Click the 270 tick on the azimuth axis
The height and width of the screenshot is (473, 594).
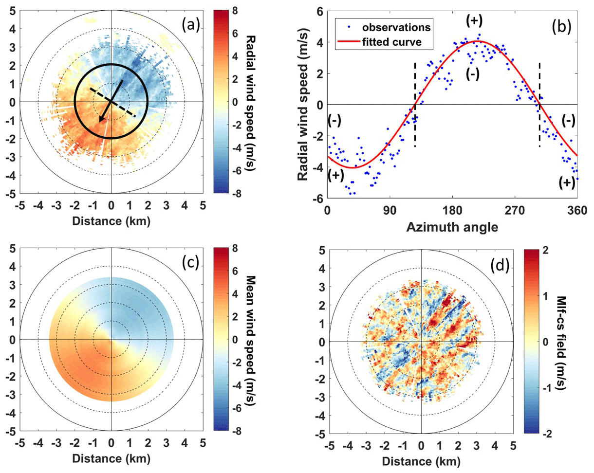(515, 211)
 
